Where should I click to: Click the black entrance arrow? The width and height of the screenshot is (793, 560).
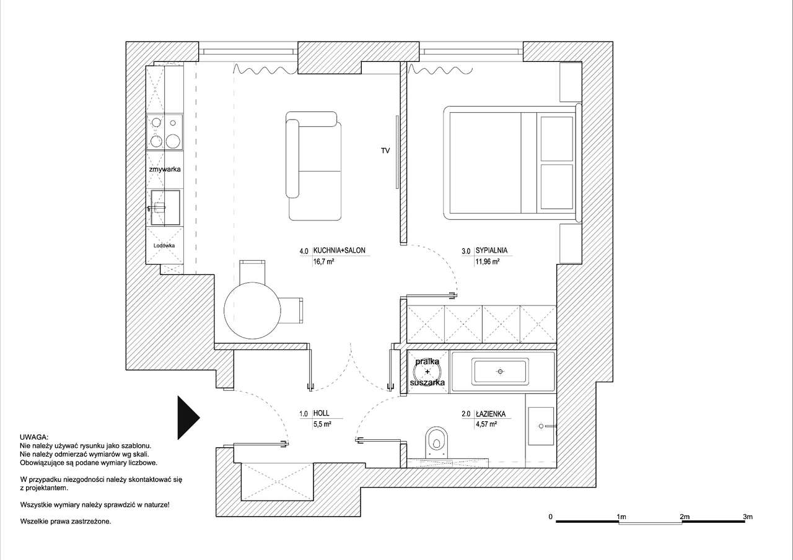click(x=187, y=418)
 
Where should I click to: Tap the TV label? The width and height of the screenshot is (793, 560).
click(x=385, y=151)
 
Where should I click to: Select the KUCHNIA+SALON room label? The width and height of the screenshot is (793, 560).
click(x=339, y=250)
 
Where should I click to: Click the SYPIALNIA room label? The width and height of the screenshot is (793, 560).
click(x=491, y=250)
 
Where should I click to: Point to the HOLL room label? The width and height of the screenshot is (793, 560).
click(x=321, y=413)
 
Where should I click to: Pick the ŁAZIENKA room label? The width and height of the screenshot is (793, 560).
click(x=491, y=413)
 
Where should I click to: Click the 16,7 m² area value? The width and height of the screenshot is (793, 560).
click(x=324, y=262)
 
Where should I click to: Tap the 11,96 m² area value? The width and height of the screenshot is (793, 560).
click(x=488, y=262)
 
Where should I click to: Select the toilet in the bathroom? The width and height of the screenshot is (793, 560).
click(x=437, y=442)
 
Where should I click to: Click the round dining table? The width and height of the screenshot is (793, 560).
click(x=252, y=310)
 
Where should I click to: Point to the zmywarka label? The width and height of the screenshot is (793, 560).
click(x=165, y=169)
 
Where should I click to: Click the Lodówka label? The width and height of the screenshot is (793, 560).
click(x=164, y=245)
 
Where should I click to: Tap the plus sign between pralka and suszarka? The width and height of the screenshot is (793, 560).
click(x=427, y=372)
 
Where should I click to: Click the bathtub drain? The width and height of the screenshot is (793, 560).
click(x=500, y=371)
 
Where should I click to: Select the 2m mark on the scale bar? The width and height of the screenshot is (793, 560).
click(x=685, y=517)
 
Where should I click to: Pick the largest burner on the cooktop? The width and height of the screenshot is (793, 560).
click(x=173, y=141)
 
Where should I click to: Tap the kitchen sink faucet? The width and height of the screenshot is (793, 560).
click(x=156, y=208)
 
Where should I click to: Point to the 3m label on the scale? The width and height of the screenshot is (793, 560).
click(x=748, y=517)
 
